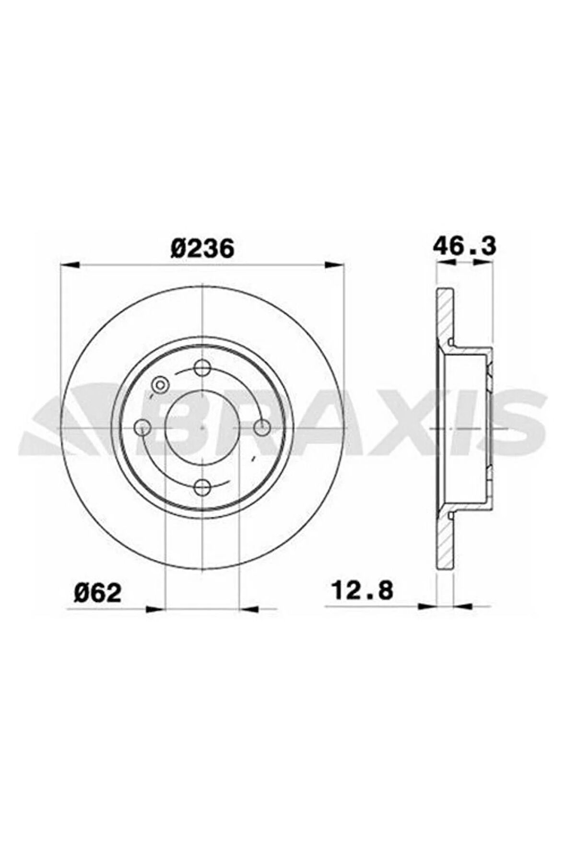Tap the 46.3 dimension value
[x=465, y=246]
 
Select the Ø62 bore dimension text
[x=97, y=593]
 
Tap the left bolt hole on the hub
[x=143, y=428]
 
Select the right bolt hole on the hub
[x=262, y=428]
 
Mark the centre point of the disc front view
[x=202, y=428]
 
